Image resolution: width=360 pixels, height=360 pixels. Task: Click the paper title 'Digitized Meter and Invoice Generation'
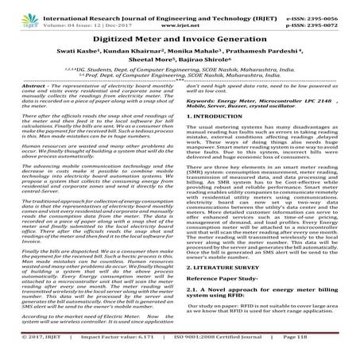[180, 38]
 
